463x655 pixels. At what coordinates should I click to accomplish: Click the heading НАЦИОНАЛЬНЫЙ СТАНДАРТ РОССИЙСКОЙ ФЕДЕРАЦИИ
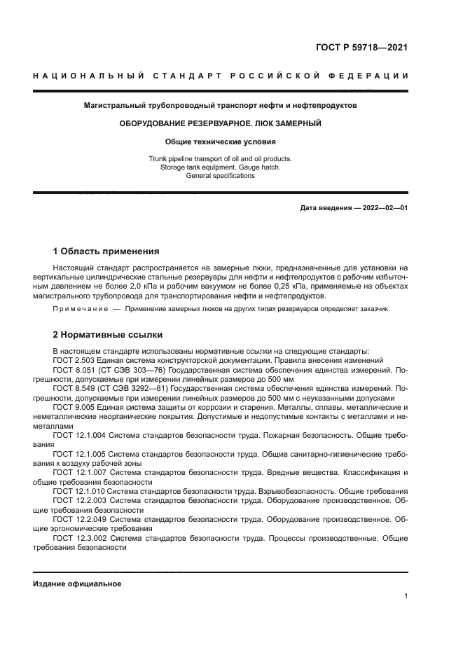pyautogui.click(x=221, y=76)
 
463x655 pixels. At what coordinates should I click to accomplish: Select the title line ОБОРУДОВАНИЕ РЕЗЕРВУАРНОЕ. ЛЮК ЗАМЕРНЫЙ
pyautogui.click(x=220, y=123)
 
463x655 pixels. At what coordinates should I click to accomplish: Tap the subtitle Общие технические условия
pyautogui.click(x=220, y=142)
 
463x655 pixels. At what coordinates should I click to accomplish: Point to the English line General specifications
pyautogui.click(x=220, y=176)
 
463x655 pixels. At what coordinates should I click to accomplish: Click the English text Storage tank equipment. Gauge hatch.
pyautogui.click(x=220, y=167)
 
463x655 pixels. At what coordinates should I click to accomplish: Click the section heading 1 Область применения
pyautogui.click(x=106, y=251)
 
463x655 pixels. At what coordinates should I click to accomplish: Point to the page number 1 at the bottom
pyautogui.click(x=406, y=596)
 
